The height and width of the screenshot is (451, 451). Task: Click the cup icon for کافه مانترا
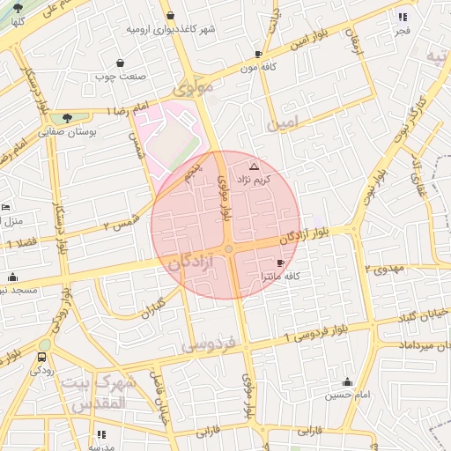(280, 262)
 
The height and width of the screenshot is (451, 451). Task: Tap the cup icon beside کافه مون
(258, 54)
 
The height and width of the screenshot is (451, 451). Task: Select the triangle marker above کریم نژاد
(255, 166)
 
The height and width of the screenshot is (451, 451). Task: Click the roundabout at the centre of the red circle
(228, 250)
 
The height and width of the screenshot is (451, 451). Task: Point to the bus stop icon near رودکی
(42, 358)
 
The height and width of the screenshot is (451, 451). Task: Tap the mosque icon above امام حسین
(347, 382)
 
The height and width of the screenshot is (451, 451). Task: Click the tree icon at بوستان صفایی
(68, 117)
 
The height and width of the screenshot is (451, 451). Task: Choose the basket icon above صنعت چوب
(120, 63)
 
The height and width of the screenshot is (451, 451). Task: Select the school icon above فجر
(403, 17)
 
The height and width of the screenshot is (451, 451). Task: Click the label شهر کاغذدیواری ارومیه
(171, 29)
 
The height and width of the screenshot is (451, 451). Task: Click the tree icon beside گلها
(18, 8)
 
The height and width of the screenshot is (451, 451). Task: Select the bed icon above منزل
(6, 207)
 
